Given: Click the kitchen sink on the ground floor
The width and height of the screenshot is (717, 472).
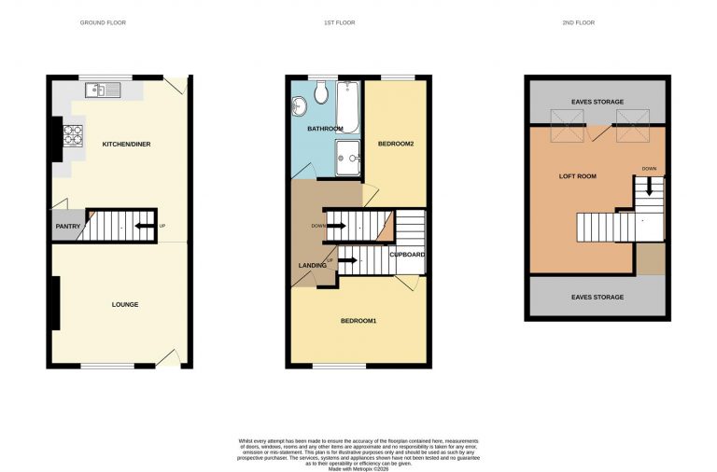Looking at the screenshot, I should pos(98,90).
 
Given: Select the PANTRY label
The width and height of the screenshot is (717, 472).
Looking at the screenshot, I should pos(68,226).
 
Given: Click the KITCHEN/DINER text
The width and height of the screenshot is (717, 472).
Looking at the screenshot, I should pos(126,144).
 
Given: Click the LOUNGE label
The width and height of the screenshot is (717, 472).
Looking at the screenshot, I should pos(125,304).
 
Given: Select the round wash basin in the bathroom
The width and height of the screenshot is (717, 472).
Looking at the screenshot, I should pos(299,104).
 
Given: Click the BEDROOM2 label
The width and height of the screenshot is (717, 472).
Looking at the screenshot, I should pos(395,144).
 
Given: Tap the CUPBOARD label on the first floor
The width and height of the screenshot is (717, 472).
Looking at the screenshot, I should pos(407,254).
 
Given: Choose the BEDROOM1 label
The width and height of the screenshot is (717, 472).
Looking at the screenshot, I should pos(358,321).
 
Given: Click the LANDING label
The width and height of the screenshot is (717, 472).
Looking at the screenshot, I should pos(313,266).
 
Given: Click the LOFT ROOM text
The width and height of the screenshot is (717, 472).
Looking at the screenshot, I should pos(577,175).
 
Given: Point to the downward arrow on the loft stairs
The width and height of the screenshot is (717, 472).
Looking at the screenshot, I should pos(649,187).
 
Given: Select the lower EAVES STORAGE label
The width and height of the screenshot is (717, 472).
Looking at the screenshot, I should pos(597,298).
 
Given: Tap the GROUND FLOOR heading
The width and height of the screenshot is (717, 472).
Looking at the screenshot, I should pos(103,22).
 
